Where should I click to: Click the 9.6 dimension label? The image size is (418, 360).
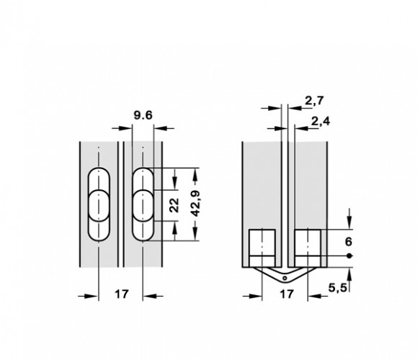[x=143, y=115]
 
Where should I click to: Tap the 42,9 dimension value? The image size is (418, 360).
[x=196, y=204]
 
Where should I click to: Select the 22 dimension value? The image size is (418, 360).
[x=174, y=205]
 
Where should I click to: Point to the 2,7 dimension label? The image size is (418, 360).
[x=314, y=101]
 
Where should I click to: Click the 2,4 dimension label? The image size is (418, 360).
[x=321, y=122]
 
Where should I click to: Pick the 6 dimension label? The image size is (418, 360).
[x=348, y=242]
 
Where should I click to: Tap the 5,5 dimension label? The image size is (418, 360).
[x=337, y=287]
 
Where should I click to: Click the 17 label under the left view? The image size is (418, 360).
[x=122, y=294]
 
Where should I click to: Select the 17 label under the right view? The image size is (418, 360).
[x=287, y=294]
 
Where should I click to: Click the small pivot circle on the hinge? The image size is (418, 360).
[x=285, y=279]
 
